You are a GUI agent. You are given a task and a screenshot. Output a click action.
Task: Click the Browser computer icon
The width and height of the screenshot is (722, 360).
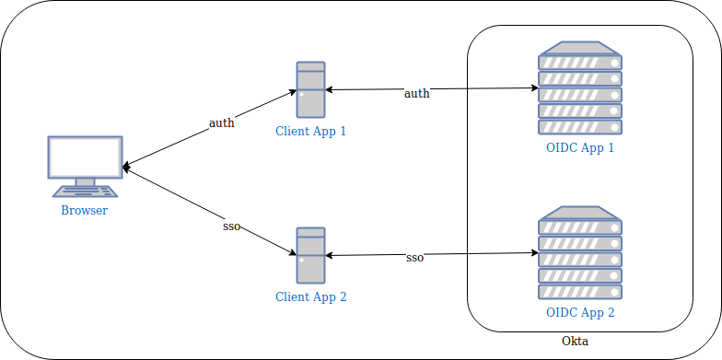click(x=85, y=167)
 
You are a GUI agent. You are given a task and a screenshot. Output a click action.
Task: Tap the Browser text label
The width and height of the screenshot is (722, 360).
click(x=85, y=211)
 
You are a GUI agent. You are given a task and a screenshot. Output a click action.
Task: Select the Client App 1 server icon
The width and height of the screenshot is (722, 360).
click(x=311, y=89)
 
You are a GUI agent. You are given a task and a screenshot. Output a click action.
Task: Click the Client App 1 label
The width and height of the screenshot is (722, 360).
click(x=311, y=131)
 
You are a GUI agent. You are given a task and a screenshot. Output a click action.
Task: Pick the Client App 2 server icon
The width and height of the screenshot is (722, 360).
click(x=311, y=255)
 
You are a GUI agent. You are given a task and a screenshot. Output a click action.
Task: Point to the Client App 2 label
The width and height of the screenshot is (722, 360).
click(x=311, y=296)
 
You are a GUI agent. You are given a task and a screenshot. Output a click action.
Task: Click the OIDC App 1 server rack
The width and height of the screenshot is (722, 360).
click(x=580, y=88)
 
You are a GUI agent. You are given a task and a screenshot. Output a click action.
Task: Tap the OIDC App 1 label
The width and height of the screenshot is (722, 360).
click(x=580, y=147)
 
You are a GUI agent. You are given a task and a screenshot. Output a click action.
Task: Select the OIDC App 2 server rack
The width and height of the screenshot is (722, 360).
click(x=580, y=252)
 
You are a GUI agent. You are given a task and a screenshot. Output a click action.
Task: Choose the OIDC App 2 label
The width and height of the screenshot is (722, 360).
click(x=580, y=313)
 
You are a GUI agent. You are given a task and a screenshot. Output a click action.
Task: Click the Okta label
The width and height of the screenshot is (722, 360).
click(x=575, y=342)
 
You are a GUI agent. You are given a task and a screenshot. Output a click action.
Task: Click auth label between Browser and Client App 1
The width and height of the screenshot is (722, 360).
click(x=222, y=123)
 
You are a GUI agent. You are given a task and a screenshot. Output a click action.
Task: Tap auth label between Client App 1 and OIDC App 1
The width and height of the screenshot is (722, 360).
click(x=417, y=94)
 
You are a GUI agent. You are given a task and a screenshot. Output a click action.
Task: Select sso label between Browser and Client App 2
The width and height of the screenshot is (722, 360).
click(x=232, y=226)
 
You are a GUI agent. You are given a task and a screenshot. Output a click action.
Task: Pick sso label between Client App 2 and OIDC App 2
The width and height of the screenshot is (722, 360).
click(x=414, y=258)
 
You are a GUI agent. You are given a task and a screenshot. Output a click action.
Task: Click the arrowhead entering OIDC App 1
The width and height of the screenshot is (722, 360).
click(x=535, y=88)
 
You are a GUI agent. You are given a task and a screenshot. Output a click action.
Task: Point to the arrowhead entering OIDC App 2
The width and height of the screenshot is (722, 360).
click(x=535, y=252)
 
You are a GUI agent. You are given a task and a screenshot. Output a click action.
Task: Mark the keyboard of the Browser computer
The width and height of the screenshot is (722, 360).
click(x=85, y=192)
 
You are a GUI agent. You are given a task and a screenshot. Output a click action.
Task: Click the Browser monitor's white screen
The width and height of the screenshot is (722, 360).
click(x=85, y=157)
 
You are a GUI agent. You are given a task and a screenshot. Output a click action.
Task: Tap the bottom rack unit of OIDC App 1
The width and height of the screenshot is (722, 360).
click(x=580, y=127)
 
